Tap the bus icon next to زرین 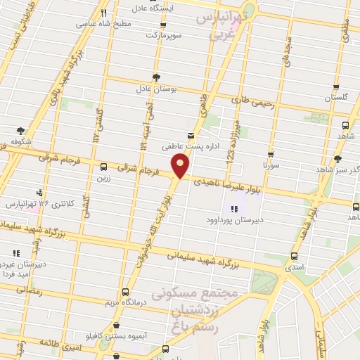pyautogui.click(x=104, y=167)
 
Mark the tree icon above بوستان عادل pyautogui.click(x=155, y=77)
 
